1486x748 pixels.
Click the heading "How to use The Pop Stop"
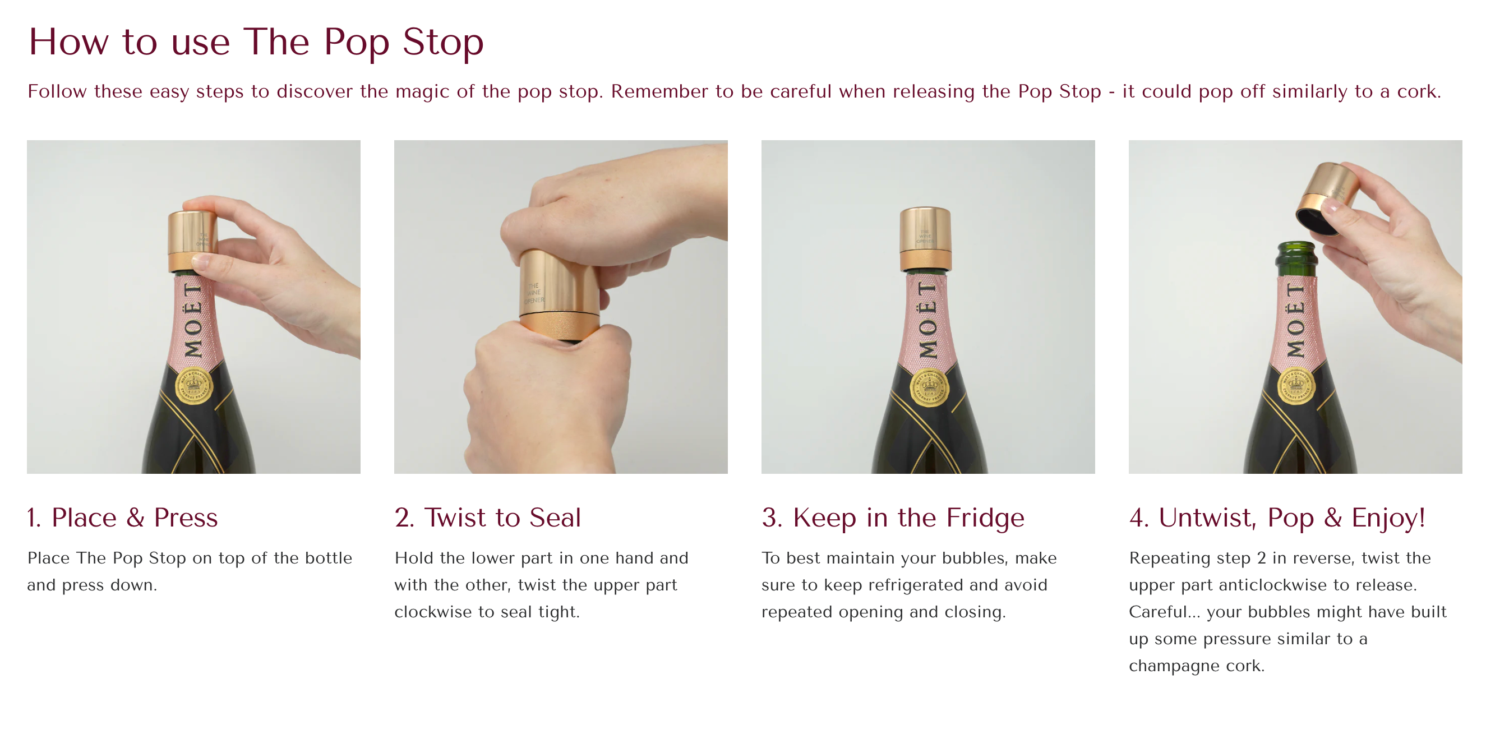tap(256, 42)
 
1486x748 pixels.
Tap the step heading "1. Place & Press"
tap(122, 518)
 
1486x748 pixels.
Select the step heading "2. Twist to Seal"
tap(487, 518)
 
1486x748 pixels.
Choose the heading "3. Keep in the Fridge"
tap(892, 518)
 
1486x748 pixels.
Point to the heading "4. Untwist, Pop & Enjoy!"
tap(1277, 518)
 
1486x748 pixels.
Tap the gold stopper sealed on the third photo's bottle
tap(925, 239)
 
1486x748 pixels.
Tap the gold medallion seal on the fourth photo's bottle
tap(1296, 386)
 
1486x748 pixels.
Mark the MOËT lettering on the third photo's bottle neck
tap(927, 320)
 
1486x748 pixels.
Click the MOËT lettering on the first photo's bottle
tap(193, 320)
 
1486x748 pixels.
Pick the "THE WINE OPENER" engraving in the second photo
tap(534, 293)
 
